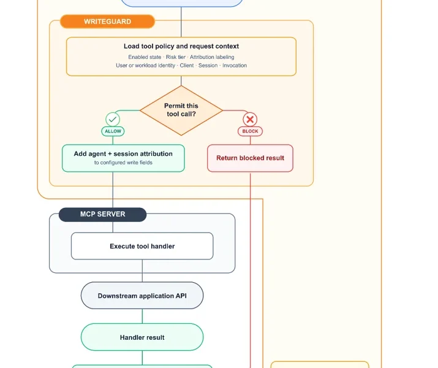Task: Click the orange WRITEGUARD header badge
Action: [x=108, y=21]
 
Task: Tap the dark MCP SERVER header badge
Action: [x=102, y=215]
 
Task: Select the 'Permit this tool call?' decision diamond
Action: [x=181, y=110]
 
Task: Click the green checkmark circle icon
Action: [x=113, y=120]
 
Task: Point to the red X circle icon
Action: [x=250, y=120]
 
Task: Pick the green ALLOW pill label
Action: [x=113, y=131]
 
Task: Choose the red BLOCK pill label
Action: [x=250, y=131]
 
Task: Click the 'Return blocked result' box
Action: [x=250, y=158]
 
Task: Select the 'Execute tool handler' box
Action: [x=142, y=246]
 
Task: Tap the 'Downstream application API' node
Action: [x=142, y=296]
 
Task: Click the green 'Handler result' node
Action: [x=142, y=337]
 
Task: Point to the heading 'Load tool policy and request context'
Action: [x=181, y=46]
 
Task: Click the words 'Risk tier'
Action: [x=176, y=57]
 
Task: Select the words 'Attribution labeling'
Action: [x=212, y=57]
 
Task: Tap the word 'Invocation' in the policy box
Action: [x=235, y=66]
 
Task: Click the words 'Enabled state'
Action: [x=145, y=57]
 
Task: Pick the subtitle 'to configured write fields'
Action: [x=123, y=163]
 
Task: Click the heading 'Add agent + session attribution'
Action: [x=123, y=154]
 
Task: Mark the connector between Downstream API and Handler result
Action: [x=142, y=316]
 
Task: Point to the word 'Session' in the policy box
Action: [x=208, y=66]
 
